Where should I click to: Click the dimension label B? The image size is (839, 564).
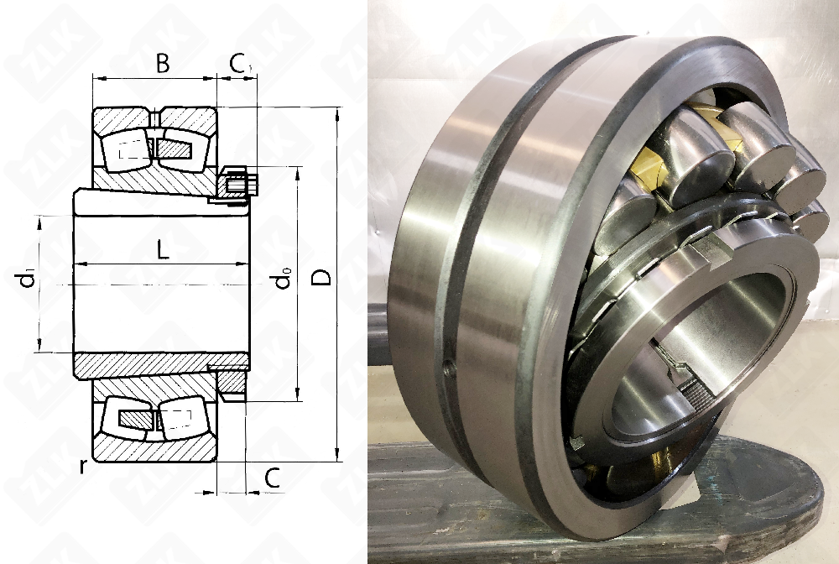(x=163, y=63)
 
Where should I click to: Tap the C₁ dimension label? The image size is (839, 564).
(x=240, y=64)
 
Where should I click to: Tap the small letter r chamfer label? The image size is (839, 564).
(x=82, y=466)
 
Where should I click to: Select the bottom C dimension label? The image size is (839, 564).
(x=273, y=478)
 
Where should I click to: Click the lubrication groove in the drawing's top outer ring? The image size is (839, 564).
(x=154, y=117)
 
